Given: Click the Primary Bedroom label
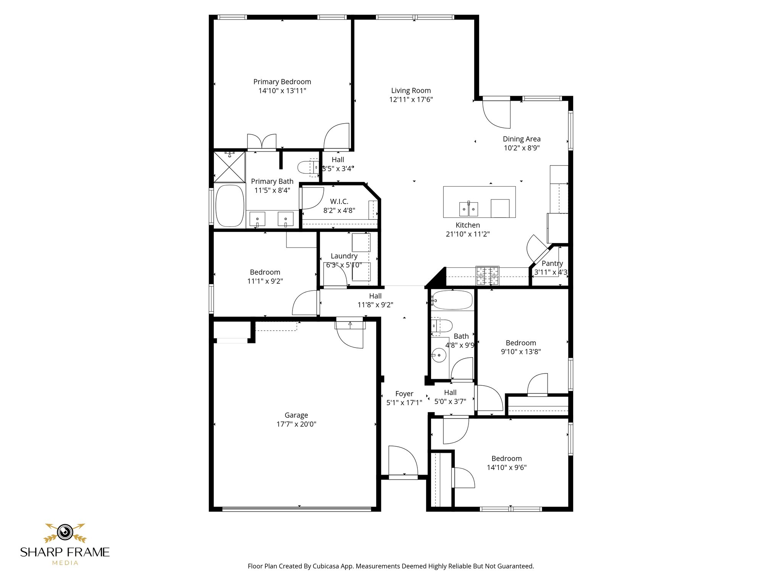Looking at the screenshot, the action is point(282,82).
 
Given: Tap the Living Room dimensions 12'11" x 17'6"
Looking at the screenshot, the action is point(411,100).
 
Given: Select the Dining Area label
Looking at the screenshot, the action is point(522,139).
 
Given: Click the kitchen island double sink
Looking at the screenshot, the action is point(469,209).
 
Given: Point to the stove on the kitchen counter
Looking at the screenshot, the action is point(487,275).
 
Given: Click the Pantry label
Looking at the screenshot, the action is point(552,263).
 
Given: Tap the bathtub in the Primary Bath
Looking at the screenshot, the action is point(230,206).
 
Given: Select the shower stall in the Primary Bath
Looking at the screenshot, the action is point(229,167).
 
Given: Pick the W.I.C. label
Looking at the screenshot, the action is point(339,201).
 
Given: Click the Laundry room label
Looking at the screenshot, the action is point(344,256).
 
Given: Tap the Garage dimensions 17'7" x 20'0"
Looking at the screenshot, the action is point(296,424).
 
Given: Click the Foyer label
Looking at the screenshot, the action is point(404,394).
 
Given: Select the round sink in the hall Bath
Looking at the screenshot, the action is point(439,356).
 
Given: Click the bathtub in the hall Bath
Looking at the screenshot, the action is point(452,300).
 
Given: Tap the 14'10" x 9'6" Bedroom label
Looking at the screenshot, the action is point(507,459).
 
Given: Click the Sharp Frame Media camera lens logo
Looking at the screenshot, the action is point(65,532).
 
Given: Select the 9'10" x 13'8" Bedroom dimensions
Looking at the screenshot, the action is point(521,352).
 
